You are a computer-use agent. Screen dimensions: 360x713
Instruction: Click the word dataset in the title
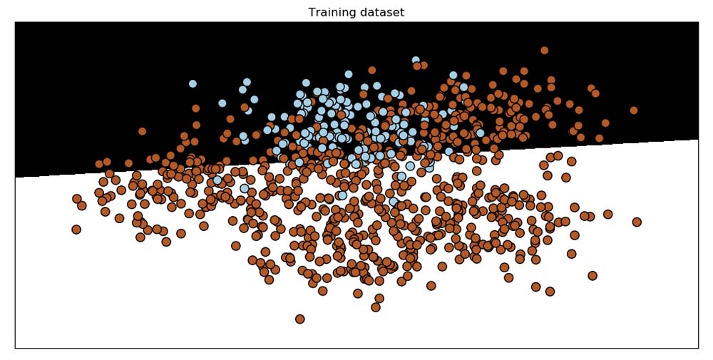coord(381,13)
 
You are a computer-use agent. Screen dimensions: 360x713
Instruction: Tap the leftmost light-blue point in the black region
coord(193,83)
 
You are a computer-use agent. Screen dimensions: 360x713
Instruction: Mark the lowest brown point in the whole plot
coord(300,319)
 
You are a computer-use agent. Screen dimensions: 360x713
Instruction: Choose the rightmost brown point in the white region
coord(637,222)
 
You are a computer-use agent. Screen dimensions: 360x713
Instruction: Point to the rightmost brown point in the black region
coord(634,110)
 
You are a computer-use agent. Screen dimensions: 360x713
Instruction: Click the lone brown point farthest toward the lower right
coord(593,275)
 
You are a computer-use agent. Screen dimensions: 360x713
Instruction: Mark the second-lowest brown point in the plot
coord(376,307)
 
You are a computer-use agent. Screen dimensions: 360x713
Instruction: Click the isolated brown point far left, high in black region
coord(142,131)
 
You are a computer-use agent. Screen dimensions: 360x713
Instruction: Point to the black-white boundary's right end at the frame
coord(698,140)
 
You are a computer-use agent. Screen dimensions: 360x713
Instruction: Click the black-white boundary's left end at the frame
coord(15,178)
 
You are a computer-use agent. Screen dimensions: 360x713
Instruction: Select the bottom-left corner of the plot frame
coord(15,348)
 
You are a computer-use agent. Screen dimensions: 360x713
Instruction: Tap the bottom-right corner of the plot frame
coord(698,348)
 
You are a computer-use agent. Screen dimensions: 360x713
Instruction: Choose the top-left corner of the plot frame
coord(15,22)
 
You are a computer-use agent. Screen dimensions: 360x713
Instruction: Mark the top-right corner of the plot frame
coord(698,22)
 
